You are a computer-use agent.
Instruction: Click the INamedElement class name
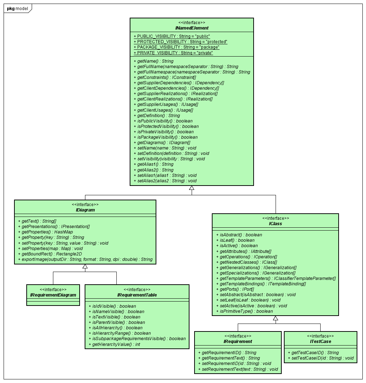click(192, 28)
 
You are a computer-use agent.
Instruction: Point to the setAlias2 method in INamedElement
click(167, 181)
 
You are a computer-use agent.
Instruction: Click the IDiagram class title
click(85, 210)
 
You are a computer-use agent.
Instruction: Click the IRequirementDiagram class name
click(53, 295)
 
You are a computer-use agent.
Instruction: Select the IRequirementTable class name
click(137, 295)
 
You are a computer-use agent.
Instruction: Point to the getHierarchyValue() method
click(116, 344)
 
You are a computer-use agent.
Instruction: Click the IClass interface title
click(275, 223)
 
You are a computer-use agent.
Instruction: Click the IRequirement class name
click(238, 341)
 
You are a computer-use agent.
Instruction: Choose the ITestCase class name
click(320, 341)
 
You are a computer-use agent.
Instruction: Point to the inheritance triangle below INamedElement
click(192, 188)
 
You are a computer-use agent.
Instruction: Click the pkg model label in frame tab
click(17, 8)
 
